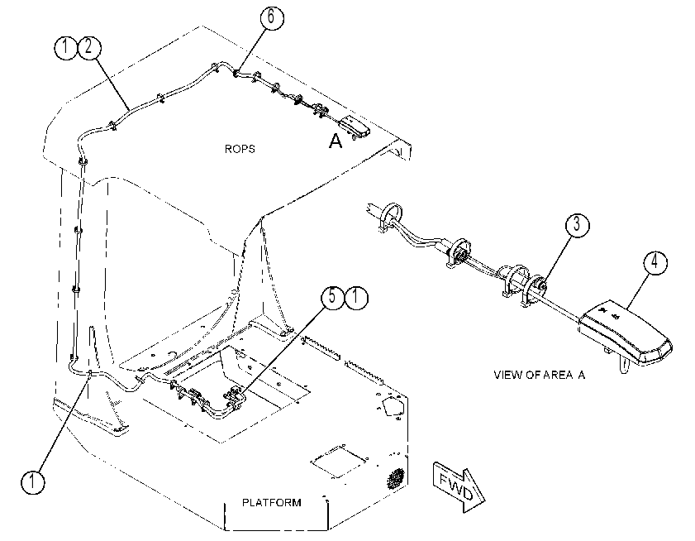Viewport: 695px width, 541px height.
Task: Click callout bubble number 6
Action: [x=271, y=17]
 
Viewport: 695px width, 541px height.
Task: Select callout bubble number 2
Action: [x=89, y=47]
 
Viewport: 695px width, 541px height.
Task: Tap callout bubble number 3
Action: [x=578, y=224]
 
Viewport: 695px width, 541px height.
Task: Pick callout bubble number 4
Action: [x=655, y=262]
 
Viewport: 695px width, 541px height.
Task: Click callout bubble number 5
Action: [x=332, y=297]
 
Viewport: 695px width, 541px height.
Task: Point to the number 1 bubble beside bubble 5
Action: [x=356, y=297]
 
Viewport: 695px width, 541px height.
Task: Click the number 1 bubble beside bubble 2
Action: [x=65, y=47]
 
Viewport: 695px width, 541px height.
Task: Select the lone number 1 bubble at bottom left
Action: [x=33, y=481]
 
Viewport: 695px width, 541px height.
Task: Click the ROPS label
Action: [x=240, y=149]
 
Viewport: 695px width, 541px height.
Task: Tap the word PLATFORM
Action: [x=271, y=502]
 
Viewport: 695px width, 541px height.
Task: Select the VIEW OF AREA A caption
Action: [x=540, y=375]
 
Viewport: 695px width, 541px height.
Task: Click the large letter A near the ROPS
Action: [x=336, y=141]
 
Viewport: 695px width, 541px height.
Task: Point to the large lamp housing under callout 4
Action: [x=625, y=331]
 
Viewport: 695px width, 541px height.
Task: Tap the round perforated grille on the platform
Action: [x=396, y=479]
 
